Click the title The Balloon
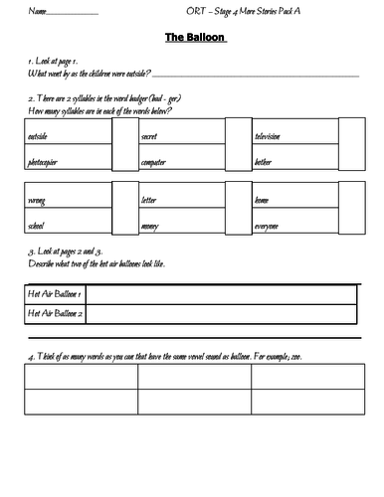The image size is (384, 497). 192,39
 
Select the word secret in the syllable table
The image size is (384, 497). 152,135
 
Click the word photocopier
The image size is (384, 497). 48,159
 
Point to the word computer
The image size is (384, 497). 155,159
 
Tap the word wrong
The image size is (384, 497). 39,201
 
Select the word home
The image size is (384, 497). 262,201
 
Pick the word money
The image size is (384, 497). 151,226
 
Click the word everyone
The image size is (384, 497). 267,226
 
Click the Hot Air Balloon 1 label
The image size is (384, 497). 55,294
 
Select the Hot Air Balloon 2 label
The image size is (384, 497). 55,314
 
